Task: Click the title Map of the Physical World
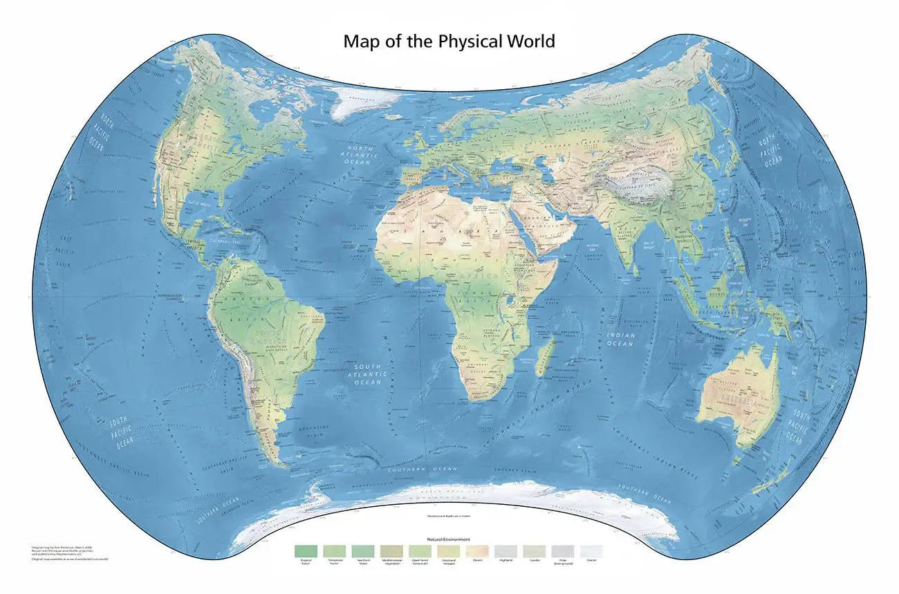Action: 449,41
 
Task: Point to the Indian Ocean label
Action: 620,339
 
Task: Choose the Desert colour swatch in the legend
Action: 477,550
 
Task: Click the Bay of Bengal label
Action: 654,239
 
